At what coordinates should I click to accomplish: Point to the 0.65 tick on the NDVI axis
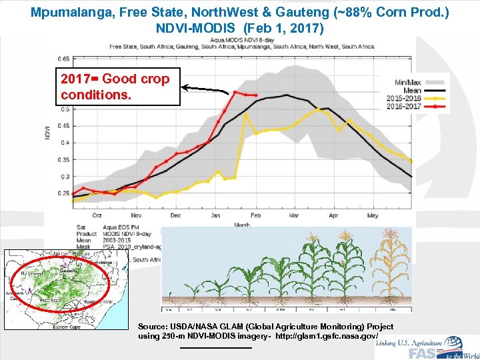tap(65, 58)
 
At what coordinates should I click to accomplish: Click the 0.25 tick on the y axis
tap(65, 193)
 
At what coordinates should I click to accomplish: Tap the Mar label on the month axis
tap(294, 215)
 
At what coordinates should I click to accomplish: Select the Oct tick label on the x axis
tap(97, 215)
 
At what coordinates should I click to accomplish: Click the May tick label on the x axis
tap(372, 215)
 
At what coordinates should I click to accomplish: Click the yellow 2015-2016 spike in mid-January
tap(246, 114)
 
